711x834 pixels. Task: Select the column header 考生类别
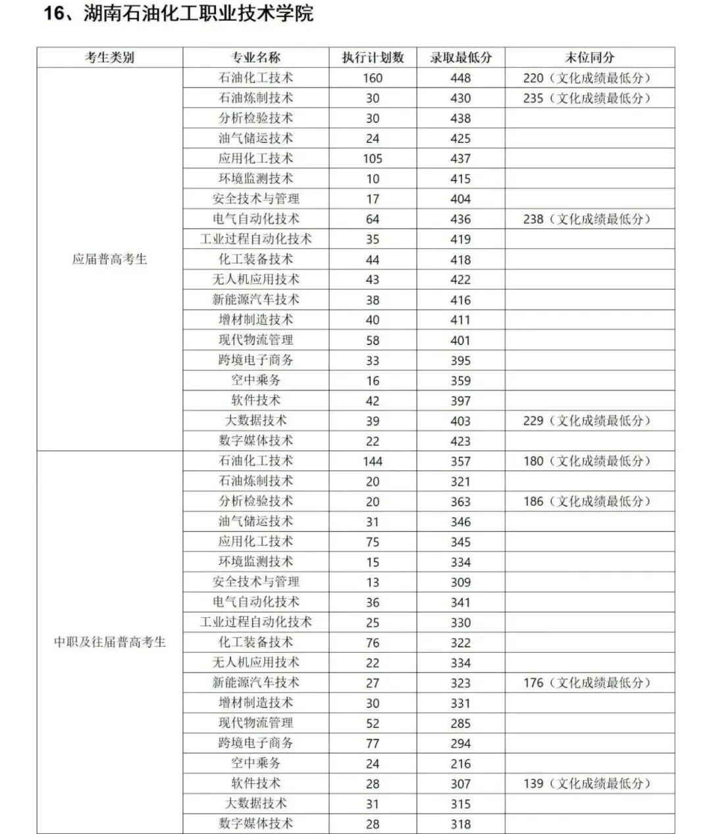click(x=109, y=57)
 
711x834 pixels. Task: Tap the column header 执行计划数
click(x=373, y=57)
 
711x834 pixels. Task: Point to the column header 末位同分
click(x=589, y=57)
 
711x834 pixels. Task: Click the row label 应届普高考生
click(x=109, y=259)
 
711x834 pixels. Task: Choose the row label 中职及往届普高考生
click(x=109, y=642)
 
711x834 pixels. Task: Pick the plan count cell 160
click(x=373, y=78)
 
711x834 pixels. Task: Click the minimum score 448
click(x=460, y=78)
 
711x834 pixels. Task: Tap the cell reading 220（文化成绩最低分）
click(x=587, y=78)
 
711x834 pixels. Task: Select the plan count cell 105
click(x=373, y=159)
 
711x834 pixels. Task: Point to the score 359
click(x=460, y=381)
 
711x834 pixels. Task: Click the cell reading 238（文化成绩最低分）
click(x=587, y=219)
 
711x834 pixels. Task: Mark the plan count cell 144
click(x=373, y=461)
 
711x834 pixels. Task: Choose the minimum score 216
click(x=460, y=764)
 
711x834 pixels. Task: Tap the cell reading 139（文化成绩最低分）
click(x=587, y=783)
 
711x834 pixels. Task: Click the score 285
click(x=460, y=723)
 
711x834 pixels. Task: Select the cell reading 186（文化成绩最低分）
click(x=587, y=501)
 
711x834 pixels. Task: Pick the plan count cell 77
click(x=373, y=743)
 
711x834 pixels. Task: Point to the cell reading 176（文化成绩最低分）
click(x=587, y=682)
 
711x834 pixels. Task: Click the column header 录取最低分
click(x=460, y=57)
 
